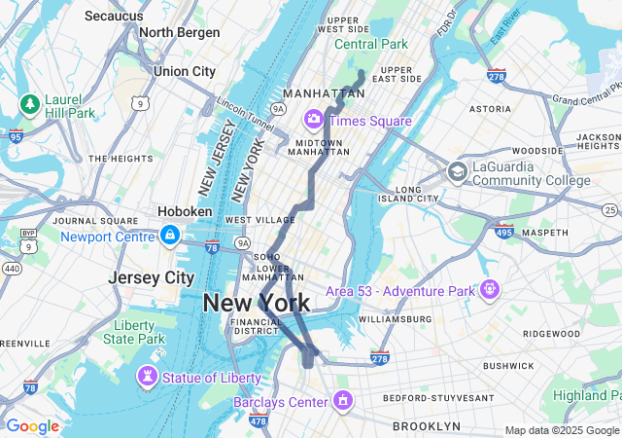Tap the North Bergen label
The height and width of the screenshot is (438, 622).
tap(180, 32)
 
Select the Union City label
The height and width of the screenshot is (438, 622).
tap(185, 71)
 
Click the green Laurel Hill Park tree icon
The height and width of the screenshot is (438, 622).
tap(30, 103)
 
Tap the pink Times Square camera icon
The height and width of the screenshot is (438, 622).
tap(314, 120)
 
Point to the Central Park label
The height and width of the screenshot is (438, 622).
tap(371, 44)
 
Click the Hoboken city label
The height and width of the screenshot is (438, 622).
tap(186, 211)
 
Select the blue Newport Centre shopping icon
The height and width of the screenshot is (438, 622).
tap(170, 236)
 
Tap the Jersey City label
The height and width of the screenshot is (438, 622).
tap(151, 277)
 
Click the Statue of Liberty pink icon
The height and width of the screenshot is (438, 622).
tap(148, 377)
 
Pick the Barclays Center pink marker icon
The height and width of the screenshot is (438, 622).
tap(342, 401)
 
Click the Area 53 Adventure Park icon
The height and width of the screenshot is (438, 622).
tap(489, 289)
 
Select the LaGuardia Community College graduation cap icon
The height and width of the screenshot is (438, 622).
tap(457, 172)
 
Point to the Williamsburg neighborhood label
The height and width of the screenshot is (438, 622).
tap(394, 318)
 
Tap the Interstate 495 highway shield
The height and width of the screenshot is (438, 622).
tap(503, 231)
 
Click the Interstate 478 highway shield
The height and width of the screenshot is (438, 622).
tap(258, 420)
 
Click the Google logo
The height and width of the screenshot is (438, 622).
tap(32, 426)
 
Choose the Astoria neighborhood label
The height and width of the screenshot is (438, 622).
tap(490, 109)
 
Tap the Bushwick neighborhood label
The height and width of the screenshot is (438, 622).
tap(507, 366)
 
